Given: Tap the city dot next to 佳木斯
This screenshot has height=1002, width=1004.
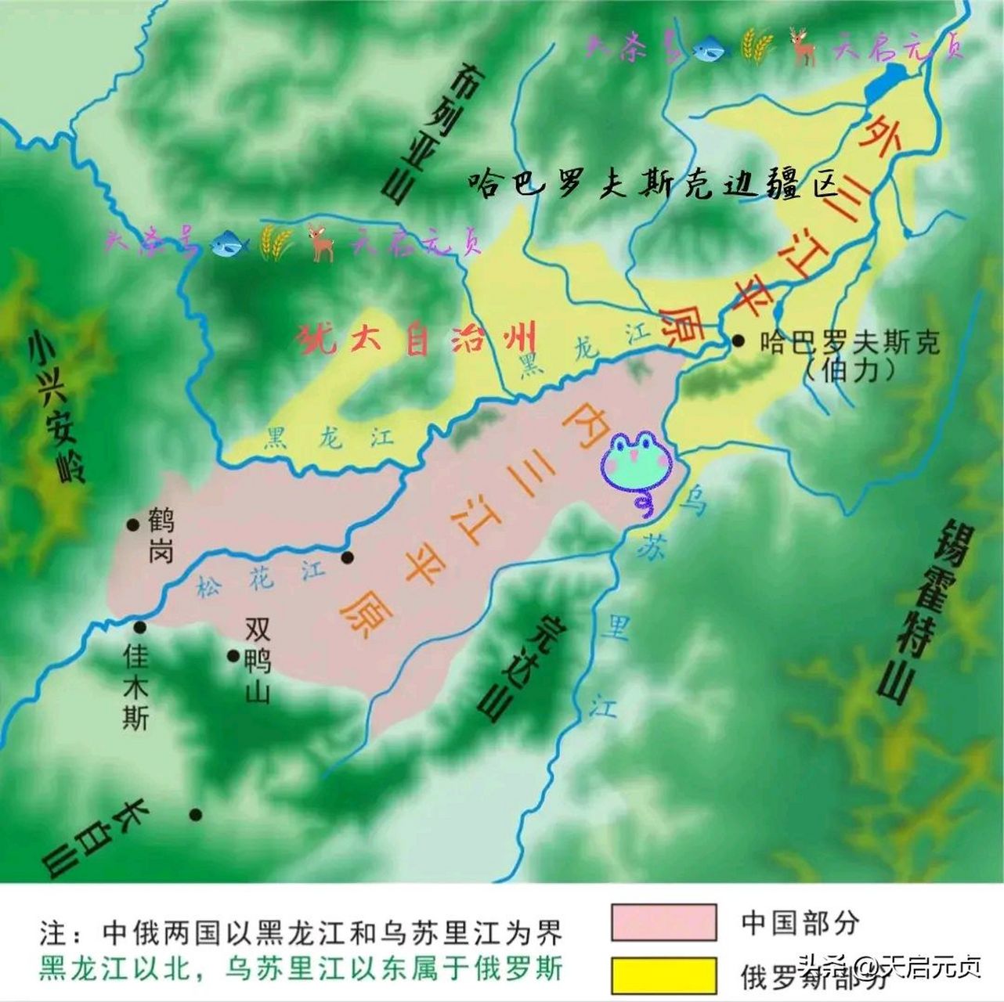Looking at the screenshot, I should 140,627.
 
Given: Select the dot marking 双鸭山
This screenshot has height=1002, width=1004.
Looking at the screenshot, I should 233,656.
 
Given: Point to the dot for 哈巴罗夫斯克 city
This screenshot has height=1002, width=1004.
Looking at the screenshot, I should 739,341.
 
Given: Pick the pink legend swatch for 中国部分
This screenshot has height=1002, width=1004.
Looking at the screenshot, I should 663,922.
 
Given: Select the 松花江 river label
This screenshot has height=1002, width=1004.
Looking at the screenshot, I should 260,578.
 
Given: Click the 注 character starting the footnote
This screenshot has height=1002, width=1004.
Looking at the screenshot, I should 53,933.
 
